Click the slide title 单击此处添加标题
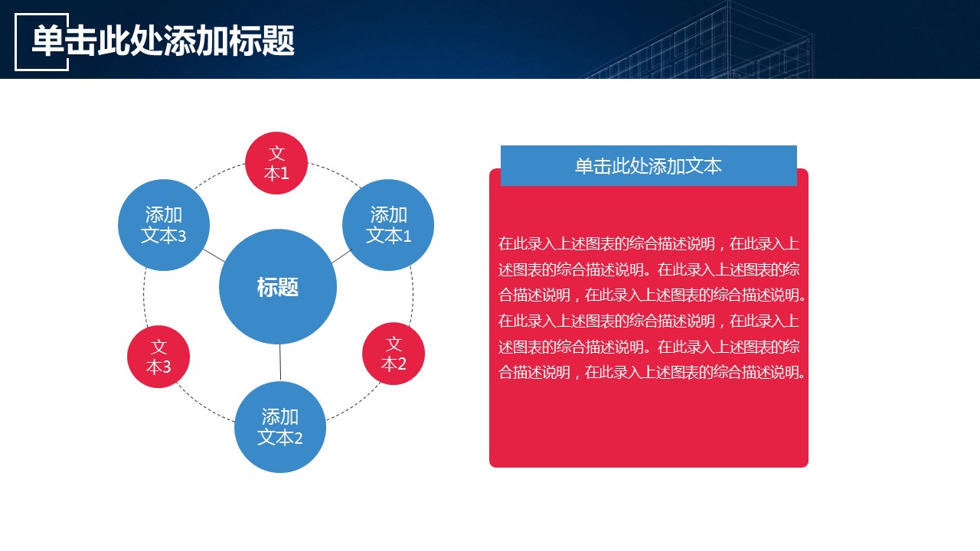pos(163,41)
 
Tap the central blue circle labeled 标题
pos(278,286)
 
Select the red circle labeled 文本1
pos(276,163)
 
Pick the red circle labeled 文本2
pos(394,354)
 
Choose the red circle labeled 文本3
pos(158,357)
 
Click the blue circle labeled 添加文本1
pos(388,225)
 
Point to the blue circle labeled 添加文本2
pos(280,427)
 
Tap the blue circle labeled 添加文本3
pos(164,225)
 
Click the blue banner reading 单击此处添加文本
pos(648,166)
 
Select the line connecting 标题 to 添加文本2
pos(280,363)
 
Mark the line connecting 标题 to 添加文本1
pos(341,256)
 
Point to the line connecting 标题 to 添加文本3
pos(214,256)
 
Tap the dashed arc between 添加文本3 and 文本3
pos(145,298)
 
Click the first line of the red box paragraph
pos(648,243)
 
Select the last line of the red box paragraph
pos(652,372)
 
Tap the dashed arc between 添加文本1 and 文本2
pos(412,295)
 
